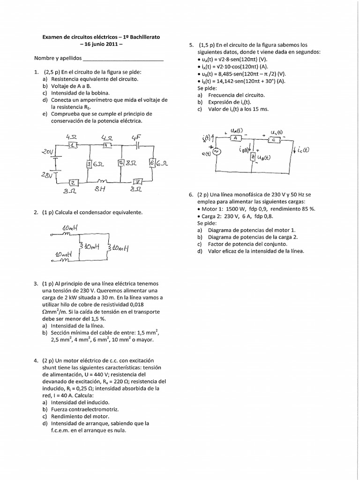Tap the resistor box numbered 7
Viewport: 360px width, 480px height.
point(137,181)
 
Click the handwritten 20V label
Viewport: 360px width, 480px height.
point(48,152)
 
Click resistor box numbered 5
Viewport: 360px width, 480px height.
point(120,163)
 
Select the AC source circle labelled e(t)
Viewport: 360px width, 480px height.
point(217,151)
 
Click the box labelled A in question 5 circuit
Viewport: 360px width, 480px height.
point(237,137)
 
